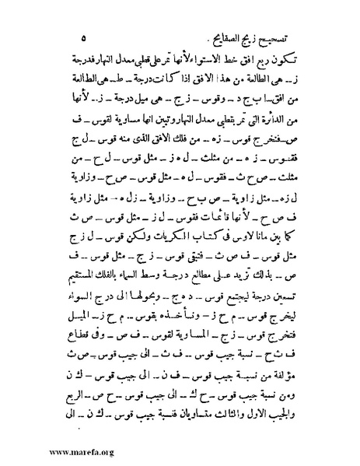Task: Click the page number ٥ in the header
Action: pyautogui.click(x=83, y=37)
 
